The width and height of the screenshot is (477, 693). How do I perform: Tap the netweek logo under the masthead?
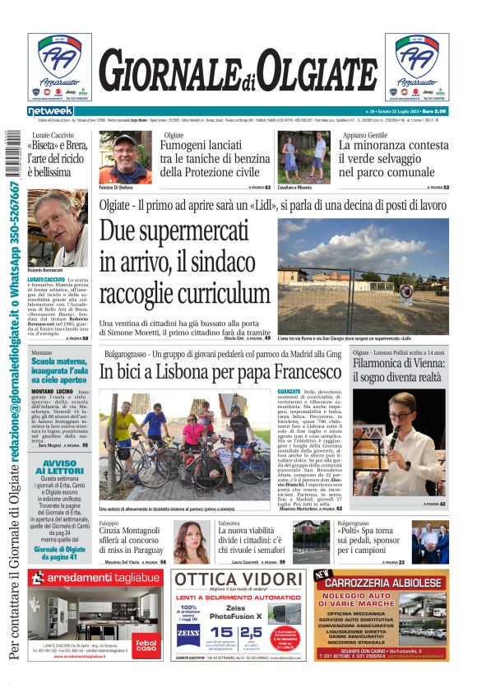(51, 111)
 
